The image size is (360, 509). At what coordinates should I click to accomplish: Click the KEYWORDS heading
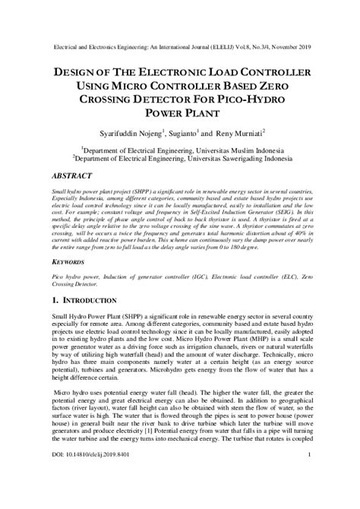tap(67, 263)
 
